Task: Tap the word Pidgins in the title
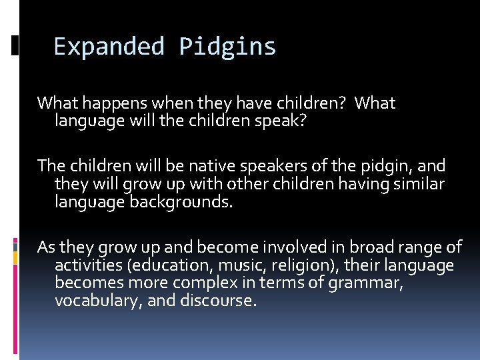pos(227,47)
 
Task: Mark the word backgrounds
pos(178,201)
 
